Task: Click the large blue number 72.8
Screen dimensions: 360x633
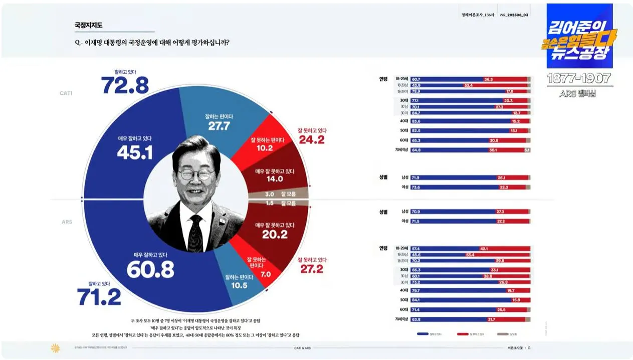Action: click(x=125, y=85)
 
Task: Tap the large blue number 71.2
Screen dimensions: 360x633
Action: click(x=99, y=297)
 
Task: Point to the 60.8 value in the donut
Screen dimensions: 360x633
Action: click(x=150, y=269)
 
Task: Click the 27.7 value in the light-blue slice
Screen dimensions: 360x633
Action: click(x=219, y=126)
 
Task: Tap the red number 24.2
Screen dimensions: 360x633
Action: click(x=311, y=139)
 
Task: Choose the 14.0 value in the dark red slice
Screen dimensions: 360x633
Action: click(x=275, y=178)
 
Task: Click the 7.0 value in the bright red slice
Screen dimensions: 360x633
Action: click(x=266, y=275)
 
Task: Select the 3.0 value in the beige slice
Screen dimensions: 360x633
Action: click(x=269, y=194)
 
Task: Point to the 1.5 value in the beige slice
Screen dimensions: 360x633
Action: click(x=269, y=203)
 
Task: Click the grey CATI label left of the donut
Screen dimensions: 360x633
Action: click(x=66, y=93)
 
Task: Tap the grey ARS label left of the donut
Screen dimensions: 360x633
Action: click(x=67, y=222)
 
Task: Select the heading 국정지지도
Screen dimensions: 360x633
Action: click(x=89, y=25)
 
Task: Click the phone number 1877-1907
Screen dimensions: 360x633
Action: click(x=578, y=79)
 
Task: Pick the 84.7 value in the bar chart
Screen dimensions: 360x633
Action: click(x=416, y=113)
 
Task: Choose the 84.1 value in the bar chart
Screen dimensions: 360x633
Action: click(x=416, y=300)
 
